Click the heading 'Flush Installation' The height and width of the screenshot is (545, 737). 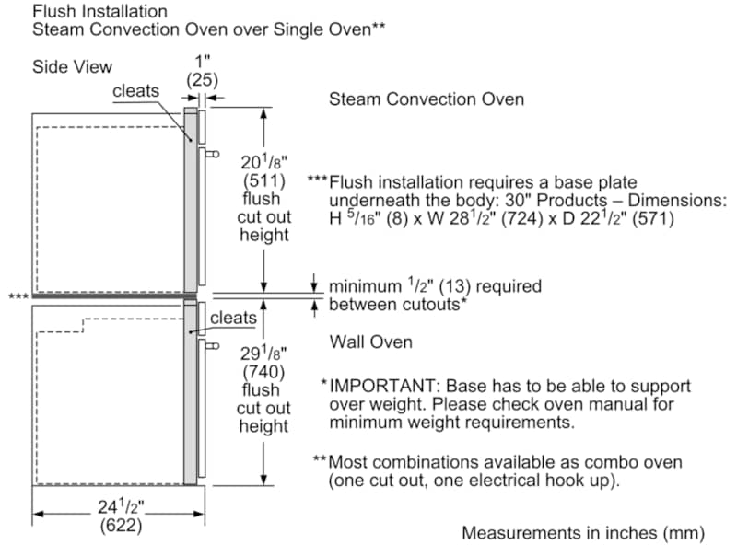pyautogui.click(x=99, y=11)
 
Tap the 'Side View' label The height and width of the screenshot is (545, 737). pyautogui.click(x=72, y=66)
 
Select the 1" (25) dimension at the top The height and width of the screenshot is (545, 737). pyautogui.click(x=202, y=71)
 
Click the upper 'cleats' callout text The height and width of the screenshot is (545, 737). pyautogui.click(x=135, y=90)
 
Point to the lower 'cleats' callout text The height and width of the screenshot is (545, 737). pyautogui.click(x=233, y=318)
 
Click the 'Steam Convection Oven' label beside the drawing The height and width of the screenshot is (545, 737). pyautogui.click(x=427, y=99)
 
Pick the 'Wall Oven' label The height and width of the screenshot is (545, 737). pyautogui.click(x=371, y=342)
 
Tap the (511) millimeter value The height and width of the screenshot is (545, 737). pyautogui.click(x=264, y=180)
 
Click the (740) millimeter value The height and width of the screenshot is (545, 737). pyautogui.click(x=263, y=372)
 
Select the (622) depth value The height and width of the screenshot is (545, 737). pyautogui.click(x=121, y=526)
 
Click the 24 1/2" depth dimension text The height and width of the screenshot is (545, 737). pyautogui.click(x=121, y=507)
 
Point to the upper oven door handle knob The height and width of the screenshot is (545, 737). pyautogui.click(x=213, y=154)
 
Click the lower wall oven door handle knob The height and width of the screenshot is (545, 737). pyautogui.click(x=213, y=346)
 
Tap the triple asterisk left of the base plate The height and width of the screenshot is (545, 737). pyautogui.click(x=18, y=296)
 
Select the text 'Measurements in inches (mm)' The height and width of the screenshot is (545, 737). pyautogui.click(x=583, y=533)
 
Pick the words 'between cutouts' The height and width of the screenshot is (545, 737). pyautogui.click(x=394, y=305)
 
